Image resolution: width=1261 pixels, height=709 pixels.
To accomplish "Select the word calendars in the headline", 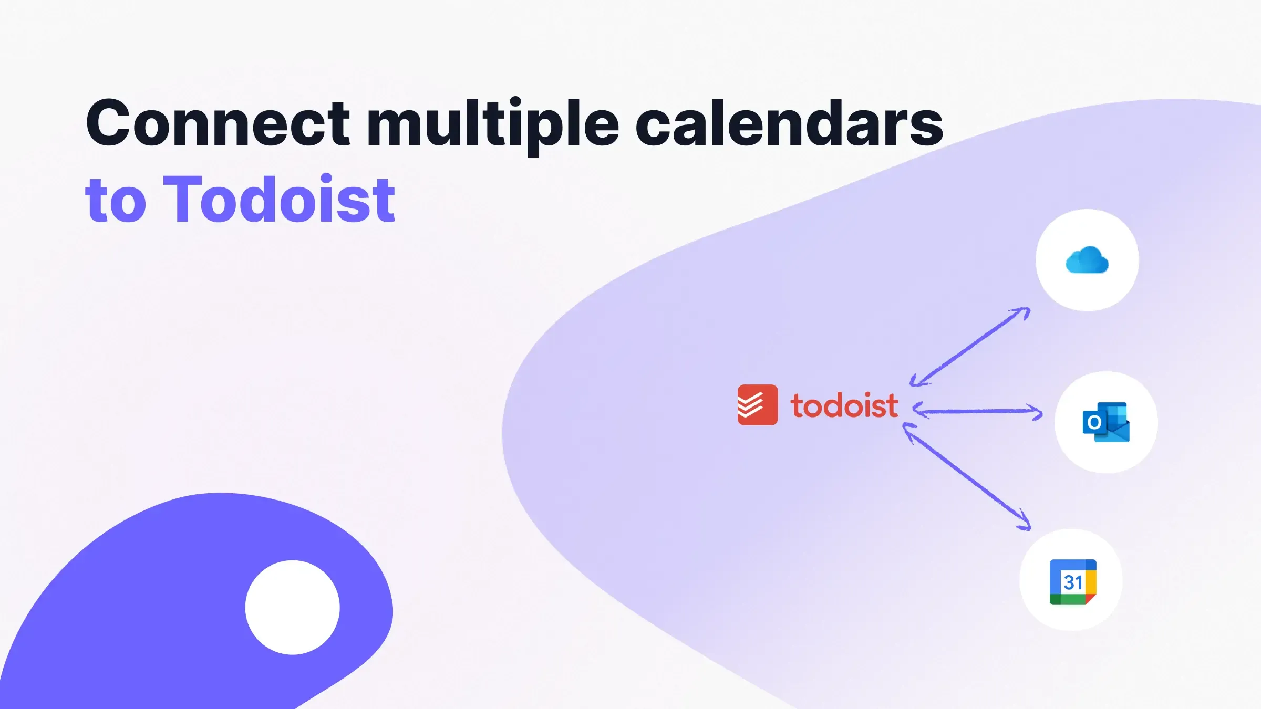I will (x=789, y=124).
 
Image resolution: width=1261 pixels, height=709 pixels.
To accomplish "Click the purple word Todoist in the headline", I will (x=279, y=200).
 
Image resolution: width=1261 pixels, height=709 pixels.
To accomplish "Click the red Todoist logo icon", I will (x=757, y=405).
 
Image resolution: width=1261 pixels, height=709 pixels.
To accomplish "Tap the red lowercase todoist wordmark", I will (x=844, y=406).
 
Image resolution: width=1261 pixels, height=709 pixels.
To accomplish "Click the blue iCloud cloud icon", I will (x=1087, y=260).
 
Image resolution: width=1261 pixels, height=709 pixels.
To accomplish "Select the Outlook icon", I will (x=1106, y=422).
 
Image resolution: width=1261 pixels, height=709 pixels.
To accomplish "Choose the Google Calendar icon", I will (x=1072, y=582).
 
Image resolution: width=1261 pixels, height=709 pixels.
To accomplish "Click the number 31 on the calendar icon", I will (x=1072, y=582).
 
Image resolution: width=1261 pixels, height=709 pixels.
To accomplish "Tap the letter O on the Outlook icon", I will (x=1094, y=422).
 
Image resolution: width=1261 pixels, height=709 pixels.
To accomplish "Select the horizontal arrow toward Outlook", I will (x=978, y=411).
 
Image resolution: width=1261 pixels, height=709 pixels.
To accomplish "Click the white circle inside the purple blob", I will (x=292, y=607).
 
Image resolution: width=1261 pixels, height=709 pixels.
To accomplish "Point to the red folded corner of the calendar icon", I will (x=1091, y=599).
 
